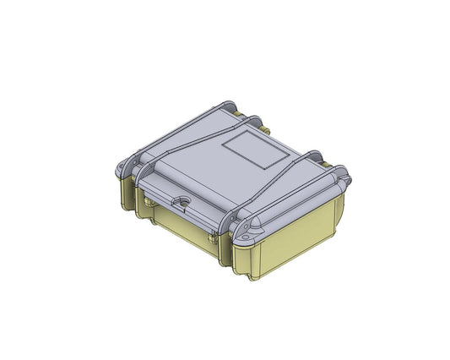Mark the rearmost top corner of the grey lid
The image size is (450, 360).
click(x=230, y=103)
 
